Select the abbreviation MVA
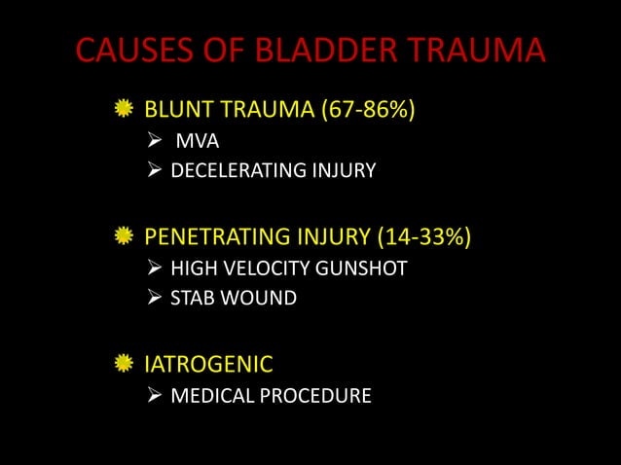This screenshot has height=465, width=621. pyautogui.click(x=198, y=142)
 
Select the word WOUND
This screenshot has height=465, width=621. pyautogui.click(x=259, y=299)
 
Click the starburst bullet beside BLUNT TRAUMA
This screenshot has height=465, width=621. pyautogui.click(x=123, y=109)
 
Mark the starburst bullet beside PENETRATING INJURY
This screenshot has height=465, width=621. pyautogui.click(x=123, y=236)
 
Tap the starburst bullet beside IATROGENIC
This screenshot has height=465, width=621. pyautogui.click(x=123, y=365)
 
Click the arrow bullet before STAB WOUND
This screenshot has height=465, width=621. pyautogui.click(x=153, y=299)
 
